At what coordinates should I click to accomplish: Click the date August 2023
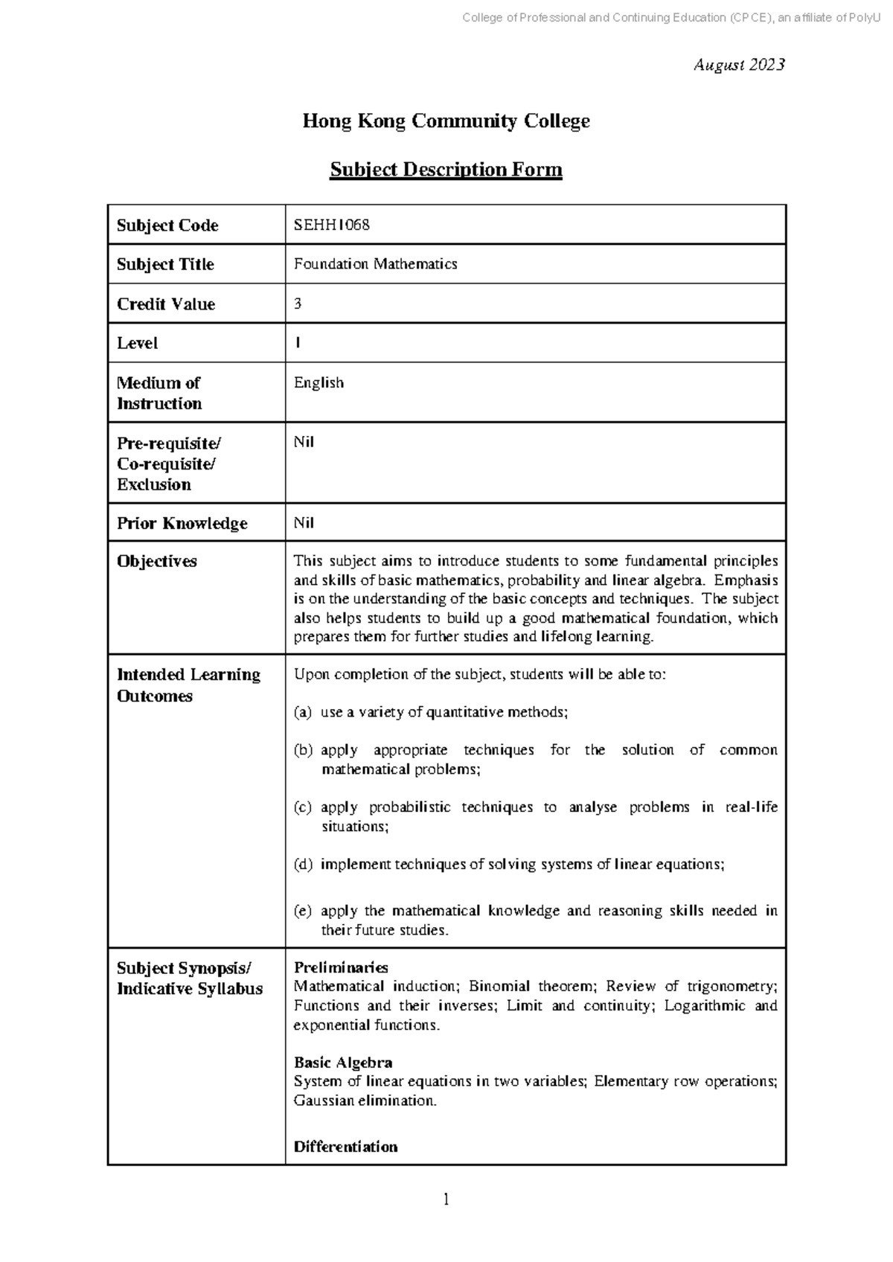738,65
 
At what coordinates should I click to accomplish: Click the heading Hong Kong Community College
446,121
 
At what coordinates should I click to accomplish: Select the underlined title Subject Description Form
446,170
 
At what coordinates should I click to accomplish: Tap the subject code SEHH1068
331,225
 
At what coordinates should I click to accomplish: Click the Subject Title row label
165,264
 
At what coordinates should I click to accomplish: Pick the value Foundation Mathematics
375,264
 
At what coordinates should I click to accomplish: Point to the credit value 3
298,304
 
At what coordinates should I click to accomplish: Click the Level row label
137,343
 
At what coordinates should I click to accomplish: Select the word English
319,382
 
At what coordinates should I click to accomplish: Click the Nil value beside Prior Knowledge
304,522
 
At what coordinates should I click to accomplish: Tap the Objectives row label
156,561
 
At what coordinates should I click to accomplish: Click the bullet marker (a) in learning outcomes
302,712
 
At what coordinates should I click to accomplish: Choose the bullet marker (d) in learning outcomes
302,864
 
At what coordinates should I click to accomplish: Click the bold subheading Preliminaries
341,967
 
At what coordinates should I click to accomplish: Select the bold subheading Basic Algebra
342,1062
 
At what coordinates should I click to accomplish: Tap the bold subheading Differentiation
345,1147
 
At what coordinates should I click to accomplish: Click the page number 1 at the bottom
446,1199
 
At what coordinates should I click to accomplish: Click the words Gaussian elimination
364,1101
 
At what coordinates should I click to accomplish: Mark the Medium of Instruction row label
159,393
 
